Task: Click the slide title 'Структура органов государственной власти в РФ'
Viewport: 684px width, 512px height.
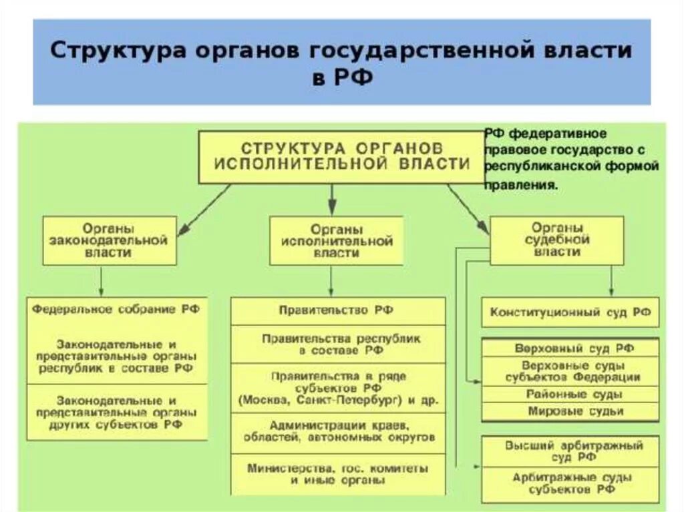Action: pos(341,62)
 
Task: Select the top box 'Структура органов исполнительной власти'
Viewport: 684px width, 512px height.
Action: pos(341,156)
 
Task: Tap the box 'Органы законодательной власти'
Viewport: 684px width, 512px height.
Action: pos(110,240)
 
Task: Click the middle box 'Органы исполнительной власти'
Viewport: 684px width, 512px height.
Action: pos(336,240)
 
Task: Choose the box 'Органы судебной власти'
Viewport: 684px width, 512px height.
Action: pos(557,240)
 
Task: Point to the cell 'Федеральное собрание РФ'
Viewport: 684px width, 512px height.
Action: pos(116,310)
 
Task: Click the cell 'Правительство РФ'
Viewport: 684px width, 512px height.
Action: pos(337,310)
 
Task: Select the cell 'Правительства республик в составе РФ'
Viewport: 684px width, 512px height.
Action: pos(337,344)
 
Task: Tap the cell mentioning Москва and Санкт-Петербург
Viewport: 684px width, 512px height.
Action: pos(337,388)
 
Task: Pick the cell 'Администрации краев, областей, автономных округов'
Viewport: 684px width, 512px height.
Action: pos(337,431)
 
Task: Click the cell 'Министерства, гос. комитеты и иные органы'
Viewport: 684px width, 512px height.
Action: pos(337,473)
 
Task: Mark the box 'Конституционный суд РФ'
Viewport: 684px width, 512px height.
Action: pos(570,312)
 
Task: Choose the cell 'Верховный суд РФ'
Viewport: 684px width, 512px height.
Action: pos(570,348)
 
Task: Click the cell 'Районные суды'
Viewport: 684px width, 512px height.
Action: pos(570,394)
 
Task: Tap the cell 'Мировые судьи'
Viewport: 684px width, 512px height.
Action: pos(570,411)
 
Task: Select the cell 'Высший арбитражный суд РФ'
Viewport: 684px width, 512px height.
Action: pos(570,451)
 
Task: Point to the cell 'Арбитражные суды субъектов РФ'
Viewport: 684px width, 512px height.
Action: pos(570,483)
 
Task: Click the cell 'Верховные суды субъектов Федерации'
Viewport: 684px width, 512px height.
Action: pos(570,371)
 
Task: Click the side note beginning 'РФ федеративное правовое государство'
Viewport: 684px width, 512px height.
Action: pos(571,160)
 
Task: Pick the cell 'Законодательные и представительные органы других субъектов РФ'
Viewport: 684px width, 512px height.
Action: pos(116,412)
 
